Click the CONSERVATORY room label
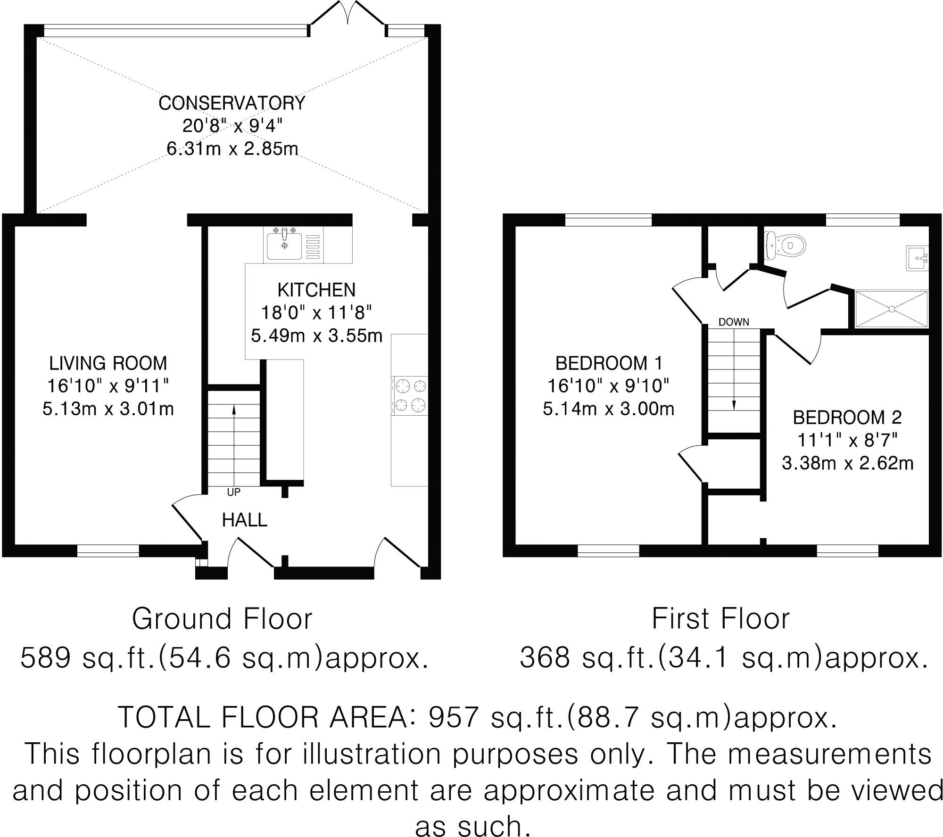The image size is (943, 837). click(x=232, y=103)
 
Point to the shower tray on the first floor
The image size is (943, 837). click(x=891, y=309)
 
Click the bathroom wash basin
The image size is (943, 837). click(x=917, y=258)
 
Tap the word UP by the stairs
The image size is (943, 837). click(x=233, y=492)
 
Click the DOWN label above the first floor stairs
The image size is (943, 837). click(x=734, y=322)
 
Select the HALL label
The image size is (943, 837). click(x=244, y=520)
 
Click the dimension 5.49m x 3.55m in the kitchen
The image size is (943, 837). click(x=316, y=336)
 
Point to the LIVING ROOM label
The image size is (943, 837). click(x=108, y=363)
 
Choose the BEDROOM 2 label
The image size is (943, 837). click(x=847, y=418)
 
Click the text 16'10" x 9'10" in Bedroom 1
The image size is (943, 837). click(x=608, y=386)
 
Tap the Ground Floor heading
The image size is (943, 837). click(x=222, y=619)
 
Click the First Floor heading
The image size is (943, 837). click(x=720, y=619)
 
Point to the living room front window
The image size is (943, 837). click(x=108, y=550)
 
